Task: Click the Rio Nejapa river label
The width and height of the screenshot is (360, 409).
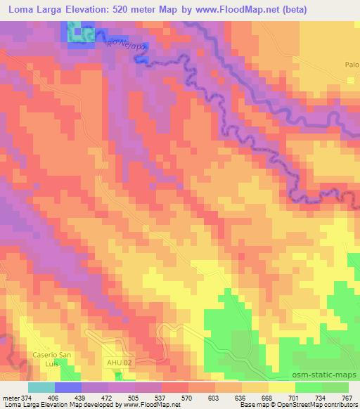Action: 126,46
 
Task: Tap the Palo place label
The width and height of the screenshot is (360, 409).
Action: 352,65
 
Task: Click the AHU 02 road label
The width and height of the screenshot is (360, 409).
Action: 120,362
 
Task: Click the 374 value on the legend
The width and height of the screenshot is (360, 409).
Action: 27,398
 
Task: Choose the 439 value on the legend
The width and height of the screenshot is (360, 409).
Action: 81,398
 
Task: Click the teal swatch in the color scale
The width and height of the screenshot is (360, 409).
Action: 41,388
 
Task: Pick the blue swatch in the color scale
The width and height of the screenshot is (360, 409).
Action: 68,388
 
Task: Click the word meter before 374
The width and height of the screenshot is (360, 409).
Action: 9,398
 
